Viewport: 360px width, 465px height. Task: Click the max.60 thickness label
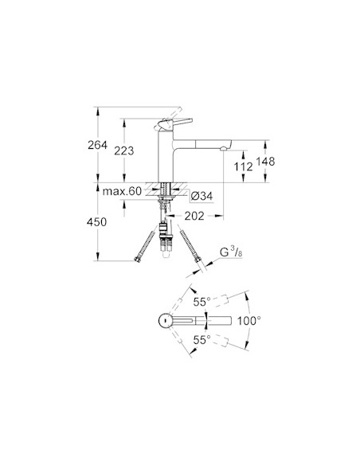coord(121,192)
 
